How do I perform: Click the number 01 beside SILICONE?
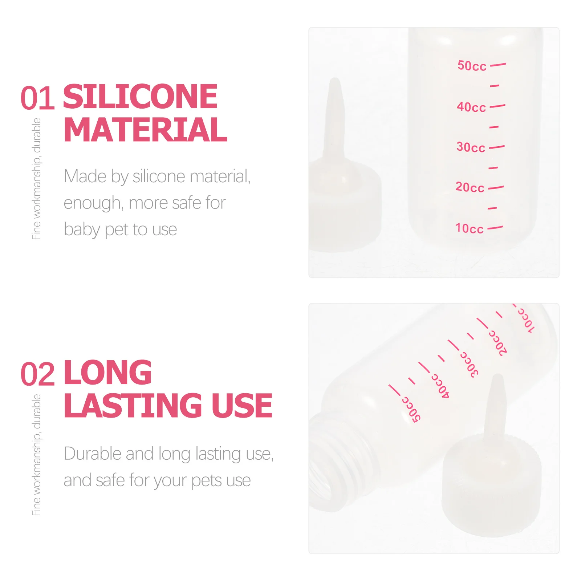coord(37,98)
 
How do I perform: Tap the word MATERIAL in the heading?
coord(145,130)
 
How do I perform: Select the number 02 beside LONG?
coord(37,374)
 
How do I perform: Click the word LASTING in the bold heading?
coord(133,406)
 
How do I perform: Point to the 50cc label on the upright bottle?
coord(472,66)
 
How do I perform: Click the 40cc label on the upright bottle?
coord(471,107)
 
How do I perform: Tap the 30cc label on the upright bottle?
coord(471,147)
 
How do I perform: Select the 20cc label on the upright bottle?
coord(470,187)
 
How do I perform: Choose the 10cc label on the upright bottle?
coord(469,228)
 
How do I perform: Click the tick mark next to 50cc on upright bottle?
coord(498,65)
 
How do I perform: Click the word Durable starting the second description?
coord(91,454)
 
